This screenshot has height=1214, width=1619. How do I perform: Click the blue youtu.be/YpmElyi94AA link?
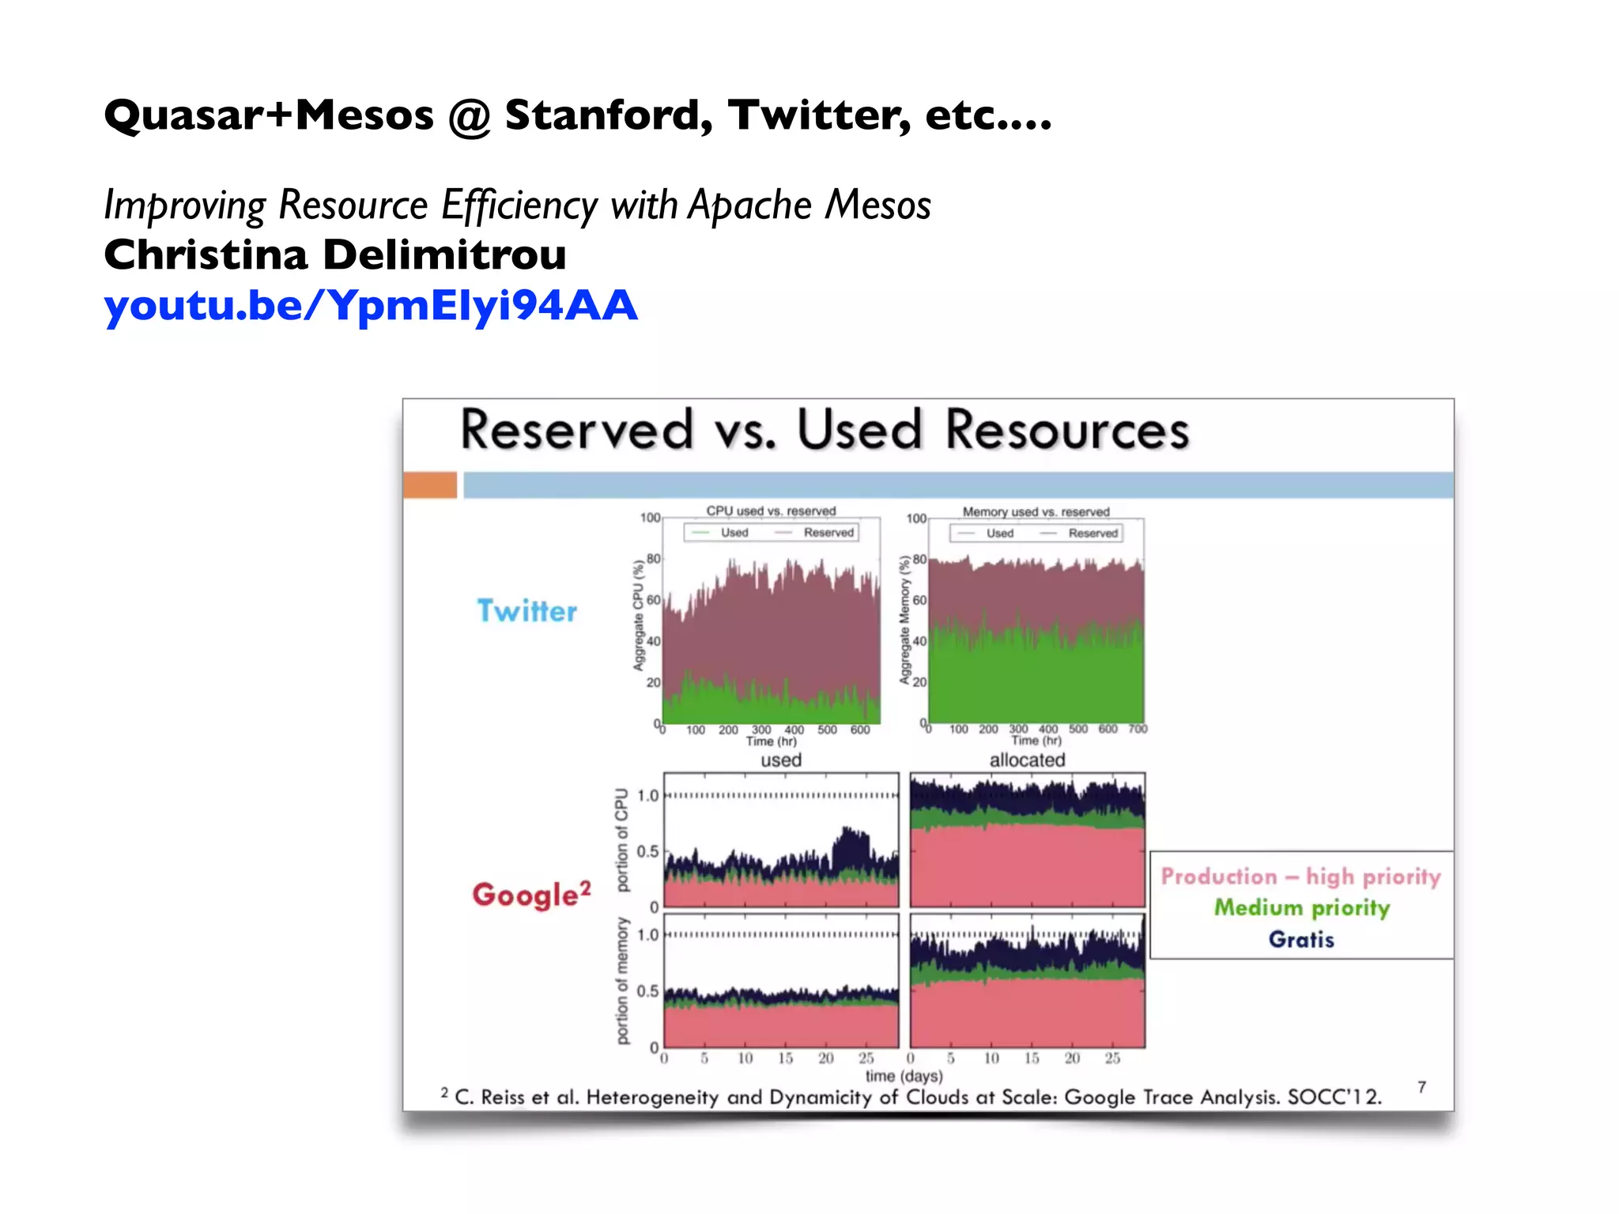coord(370,306)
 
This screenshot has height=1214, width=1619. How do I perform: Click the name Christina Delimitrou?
coord(335,255)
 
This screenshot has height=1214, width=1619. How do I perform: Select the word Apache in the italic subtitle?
coord(750,205)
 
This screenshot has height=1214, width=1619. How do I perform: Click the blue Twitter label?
coord(527,611)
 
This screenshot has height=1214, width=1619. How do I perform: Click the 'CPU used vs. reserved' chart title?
coord(771,511)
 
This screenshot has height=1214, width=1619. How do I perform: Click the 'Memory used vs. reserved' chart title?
coord(1036,511)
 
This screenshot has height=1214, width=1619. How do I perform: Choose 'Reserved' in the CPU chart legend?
coord(828,533)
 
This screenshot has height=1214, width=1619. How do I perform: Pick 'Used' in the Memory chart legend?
coord(999,533)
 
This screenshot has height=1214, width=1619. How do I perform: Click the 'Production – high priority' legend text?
coord(1300,877)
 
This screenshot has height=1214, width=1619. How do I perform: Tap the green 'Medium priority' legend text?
coord(1301,907)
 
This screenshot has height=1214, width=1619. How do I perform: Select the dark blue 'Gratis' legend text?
coord(1301,939)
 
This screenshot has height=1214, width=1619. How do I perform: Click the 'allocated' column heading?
coord(1027,760)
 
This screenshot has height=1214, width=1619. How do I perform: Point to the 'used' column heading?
coord(781,760)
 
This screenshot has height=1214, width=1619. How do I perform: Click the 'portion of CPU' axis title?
coord(622,839)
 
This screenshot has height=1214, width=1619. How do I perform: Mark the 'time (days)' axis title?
coord(904,1076)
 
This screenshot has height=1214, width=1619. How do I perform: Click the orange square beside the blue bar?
coord(430,484)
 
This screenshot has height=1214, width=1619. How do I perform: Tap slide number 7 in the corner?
coord(1421,1088)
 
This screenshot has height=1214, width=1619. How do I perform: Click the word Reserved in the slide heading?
coord(577,431)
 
